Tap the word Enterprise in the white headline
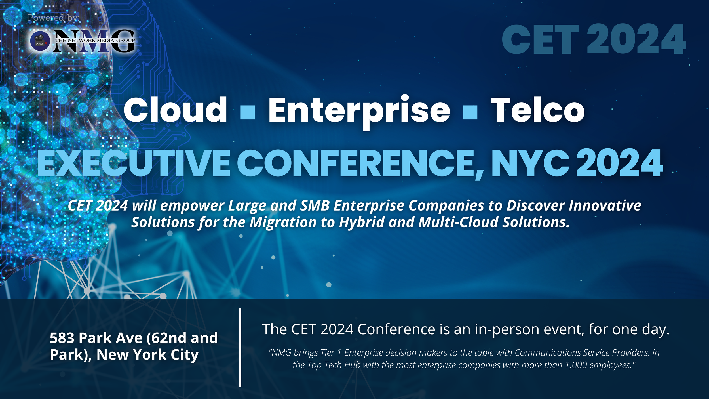[x=359, y=111]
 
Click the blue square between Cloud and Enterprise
[x=248, y=112]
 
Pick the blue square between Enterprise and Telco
[x=470, y=112]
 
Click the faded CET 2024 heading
[x=594, y=39]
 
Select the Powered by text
[x=53, y=18]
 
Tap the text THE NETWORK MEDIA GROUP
[x=95, y=41]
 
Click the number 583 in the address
[x=62, y=338]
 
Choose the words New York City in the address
[x=147, y=355]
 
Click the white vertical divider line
[x=240, y=347]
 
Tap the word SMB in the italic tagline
[x=315, y=205]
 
